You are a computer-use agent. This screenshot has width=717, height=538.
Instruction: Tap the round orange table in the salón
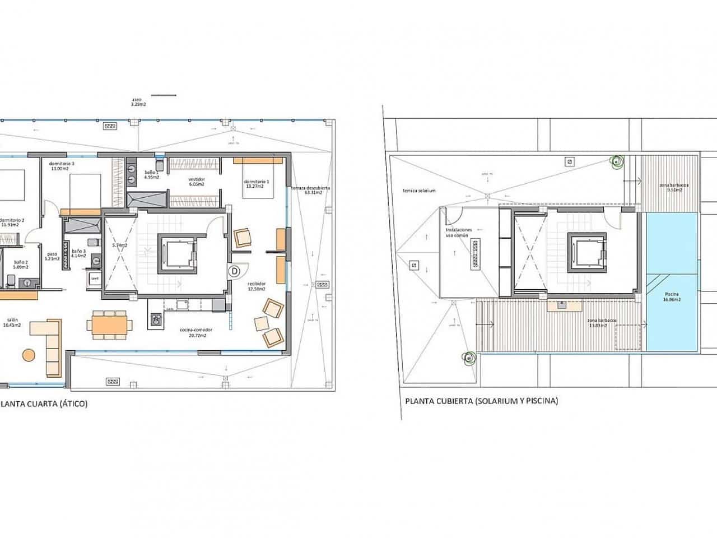tap(28, 355)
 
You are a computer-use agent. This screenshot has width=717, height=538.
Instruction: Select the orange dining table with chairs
tap(110, 325)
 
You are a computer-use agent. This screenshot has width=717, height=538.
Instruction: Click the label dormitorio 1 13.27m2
tap(257, 184)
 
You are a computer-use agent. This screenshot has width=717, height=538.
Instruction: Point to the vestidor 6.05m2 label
tap(196, 182)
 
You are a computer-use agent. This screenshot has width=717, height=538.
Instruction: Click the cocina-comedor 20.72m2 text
tap(193, 333)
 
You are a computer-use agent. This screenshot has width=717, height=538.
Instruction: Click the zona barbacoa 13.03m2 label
tap(602, 322)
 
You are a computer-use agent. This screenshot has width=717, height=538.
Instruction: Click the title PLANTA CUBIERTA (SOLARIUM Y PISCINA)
tap(481, 401)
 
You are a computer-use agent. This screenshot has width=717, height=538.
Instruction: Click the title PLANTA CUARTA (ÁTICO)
tap(44, 403)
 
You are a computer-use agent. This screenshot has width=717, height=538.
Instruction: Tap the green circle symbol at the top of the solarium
tap(616, 163)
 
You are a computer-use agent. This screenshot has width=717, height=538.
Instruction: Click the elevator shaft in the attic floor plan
tap(177, 253)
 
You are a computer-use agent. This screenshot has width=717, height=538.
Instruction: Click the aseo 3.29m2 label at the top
tap(138, 102)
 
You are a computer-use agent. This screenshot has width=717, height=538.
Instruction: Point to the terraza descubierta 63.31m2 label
tap(309, 190)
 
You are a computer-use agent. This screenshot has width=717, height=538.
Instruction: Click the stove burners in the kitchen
tap(156, 320)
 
